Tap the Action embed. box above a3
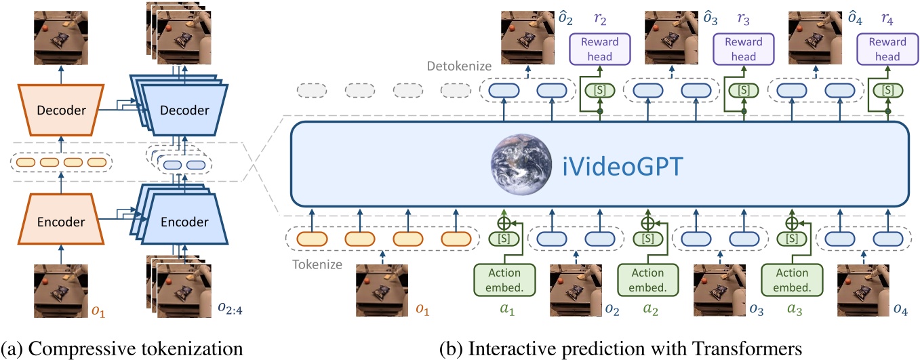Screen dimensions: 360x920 (x=792, y=279)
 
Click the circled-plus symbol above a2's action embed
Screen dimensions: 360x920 (x=647, y=223)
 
